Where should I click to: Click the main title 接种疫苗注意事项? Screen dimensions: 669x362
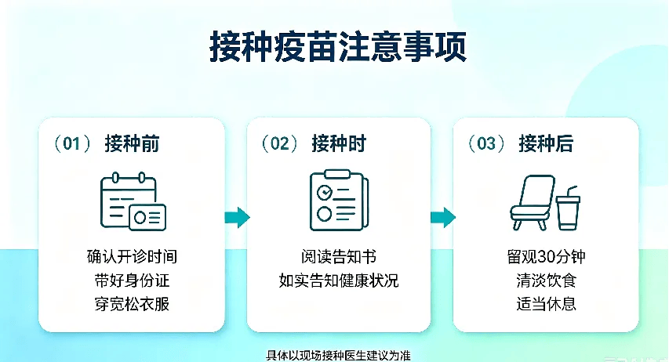(x=338, y=46)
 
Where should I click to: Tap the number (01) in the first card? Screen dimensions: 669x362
(x=71, y=143)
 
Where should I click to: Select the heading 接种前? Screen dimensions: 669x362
(x=132, y=143)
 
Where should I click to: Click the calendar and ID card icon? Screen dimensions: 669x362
(x=133, y=201)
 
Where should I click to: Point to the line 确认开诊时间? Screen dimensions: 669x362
(x=132, y=257)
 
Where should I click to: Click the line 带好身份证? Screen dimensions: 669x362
(x=132, y=281)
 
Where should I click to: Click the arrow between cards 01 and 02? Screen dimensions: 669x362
(x=237, y=217)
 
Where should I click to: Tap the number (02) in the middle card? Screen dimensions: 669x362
(x=279, y=143)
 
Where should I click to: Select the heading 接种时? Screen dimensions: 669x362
(x=339, y=143)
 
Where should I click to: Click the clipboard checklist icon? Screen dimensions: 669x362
(x=339, y=200)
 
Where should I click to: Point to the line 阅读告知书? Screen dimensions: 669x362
(x=339, y=257)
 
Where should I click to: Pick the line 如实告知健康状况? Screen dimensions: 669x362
(x=339, y=281)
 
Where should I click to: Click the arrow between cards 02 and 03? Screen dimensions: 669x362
(x=443, y=217)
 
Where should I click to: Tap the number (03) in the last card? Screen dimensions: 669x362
(x=486, y=143)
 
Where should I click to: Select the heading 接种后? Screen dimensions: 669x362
(x=546, y=143)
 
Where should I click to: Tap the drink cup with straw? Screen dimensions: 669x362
(x=569, y=209)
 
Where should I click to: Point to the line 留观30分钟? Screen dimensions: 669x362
(x=546, y=257)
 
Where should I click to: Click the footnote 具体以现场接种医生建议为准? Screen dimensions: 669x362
(x=338, y=355)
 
